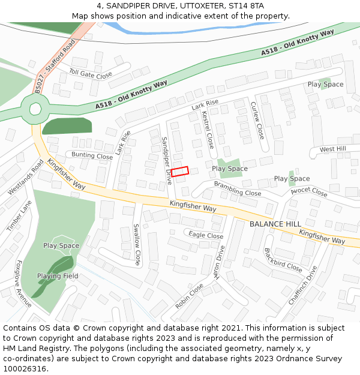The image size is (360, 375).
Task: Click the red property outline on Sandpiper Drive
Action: (x=180, y=171)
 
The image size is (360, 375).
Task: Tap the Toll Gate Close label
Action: (x=91, y=75)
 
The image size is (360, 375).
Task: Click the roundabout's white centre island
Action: (x=35, y=109)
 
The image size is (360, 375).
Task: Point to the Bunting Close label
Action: (x=92, y=156)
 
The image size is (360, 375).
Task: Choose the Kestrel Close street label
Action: (x=208, y=130)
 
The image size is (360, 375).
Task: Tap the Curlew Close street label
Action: (x=257, y=120)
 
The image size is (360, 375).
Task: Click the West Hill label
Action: (x=332, y=149)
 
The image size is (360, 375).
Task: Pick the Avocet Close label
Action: (x=308, y=193)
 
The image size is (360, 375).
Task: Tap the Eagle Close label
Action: (x=206, y=235)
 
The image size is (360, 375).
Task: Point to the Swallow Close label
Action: (x=137, y=245)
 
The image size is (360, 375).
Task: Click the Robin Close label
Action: (x=189, y=296)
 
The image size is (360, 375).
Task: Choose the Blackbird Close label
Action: (x=283, y=259)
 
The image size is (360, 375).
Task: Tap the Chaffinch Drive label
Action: (x=302, y=284)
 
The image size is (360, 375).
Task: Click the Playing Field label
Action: (x=58, y=276)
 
